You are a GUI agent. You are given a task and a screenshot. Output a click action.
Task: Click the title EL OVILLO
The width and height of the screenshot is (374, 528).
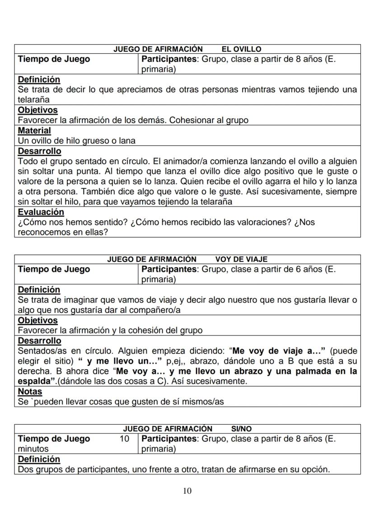pos(241,49)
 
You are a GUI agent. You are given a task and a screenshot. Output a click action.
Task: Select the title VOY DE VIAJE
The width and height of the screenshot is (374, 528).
pos(241,259)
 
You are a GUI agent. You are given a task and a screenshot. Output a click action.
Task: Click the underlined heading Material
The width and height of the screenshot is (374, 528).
pos(34,130)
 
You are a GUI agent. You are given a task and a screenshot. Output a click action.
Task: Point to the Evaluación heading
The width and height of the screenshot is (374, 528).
pos(41,212)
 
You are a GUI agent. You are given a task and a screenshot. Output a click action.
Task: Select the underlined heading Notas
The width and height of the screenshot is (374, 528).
pos(30,391)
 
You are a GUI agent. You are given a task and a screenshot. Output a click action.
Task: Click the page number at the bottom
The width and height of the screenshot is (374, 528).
pos(187,491)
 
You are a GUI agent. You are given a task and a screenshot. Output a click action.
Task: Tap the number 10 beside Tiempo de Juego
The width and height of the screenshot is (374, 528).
pos(124,439)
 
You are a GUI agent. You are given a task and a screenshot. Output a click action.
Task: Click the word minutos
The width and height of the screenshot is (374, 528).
pos(33,449)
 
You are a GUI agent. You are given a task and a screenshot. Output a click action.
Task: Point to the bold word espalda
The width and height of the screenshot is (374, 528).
pos(33,381)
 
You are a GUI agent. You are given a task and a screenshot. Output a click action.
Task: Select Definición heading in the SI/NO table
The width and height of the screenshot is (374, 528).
pos(38,459)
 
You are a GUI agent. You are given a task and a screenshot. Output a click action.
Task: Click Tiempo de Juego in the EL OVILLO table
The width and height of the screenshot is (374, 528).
pos(54,59)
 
